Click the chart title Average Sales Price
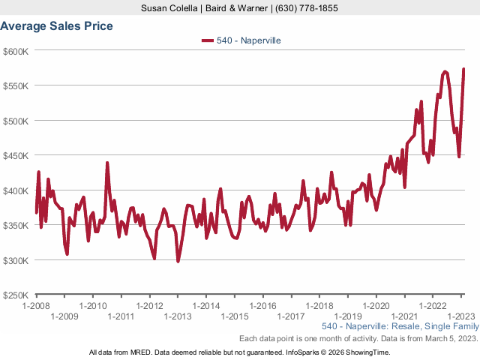tap(57, 26)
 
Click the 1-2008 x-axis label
tap(36, 306)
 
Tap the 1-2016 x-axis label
tap(263, 306)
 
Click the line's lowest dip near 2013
tap(178, 261)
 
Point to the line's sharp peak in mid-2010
tap(107, 163)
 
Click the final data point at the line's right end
tap(463, 70)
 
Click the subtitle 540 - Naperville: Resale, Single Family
tap(398, 328)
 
